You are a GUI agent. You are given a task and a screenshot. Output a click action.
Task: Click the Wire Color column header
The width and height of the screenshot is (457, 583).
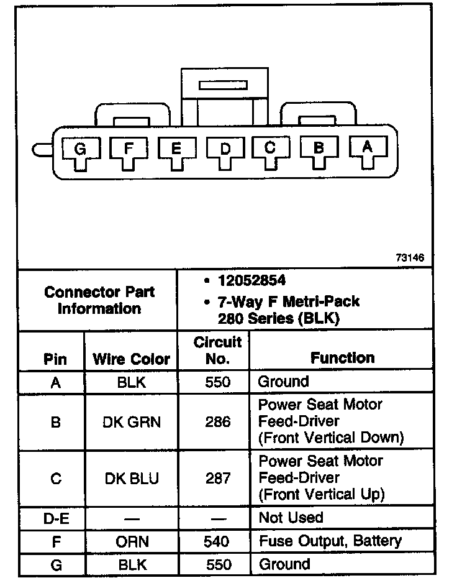click(x=131, y=359)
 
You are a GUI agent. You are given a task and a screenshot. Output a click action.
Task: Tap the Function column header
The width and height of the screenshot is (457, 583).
click(x=342, y=358)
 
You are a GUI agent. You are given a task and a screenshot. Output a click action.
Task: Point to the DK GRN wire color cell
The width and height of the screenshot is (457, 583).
click(x=131, y=422)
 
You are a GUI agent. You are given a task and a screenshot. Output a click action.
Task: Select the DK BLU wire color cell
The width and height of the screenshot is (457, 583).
click(x=131, y=478)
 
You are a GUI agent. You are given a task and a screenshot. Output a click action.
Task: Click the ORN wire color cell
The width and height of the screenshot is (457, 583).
click(x=132, y=541)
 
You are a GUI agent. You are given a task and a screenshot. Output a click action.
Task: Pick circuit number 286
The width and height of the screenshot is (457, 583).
click(x=217, y=422)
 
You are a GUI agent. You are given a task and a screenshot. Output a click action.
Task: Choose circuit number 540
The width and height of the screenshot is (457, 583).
click(x=217, y=541)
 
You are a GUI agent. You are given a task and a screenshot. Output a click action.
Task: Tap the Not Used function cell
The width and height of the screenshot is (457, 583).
click(x=291, y=518)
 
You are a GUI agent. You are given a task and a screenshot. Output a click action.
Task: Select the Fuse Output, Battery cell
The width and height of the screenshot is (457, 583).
click(x=330, y=541)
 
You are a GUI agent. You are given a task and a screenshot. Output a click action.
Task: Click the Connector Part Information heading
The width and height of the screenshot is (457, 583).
click(x=99, y=300)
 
